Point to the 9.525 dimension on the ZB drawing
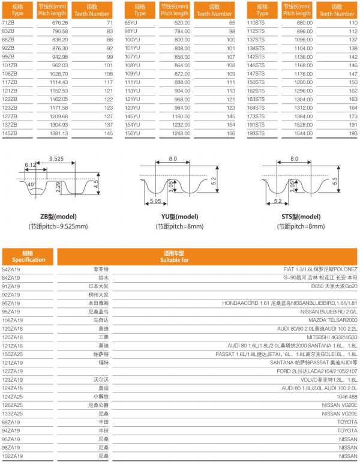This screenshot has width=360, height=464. [x=57, y=159]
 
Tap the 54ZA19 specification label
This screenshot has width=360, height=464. [x=11, y=270]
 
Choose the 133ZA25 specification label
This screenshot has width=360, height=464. [x=13, y=414]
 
